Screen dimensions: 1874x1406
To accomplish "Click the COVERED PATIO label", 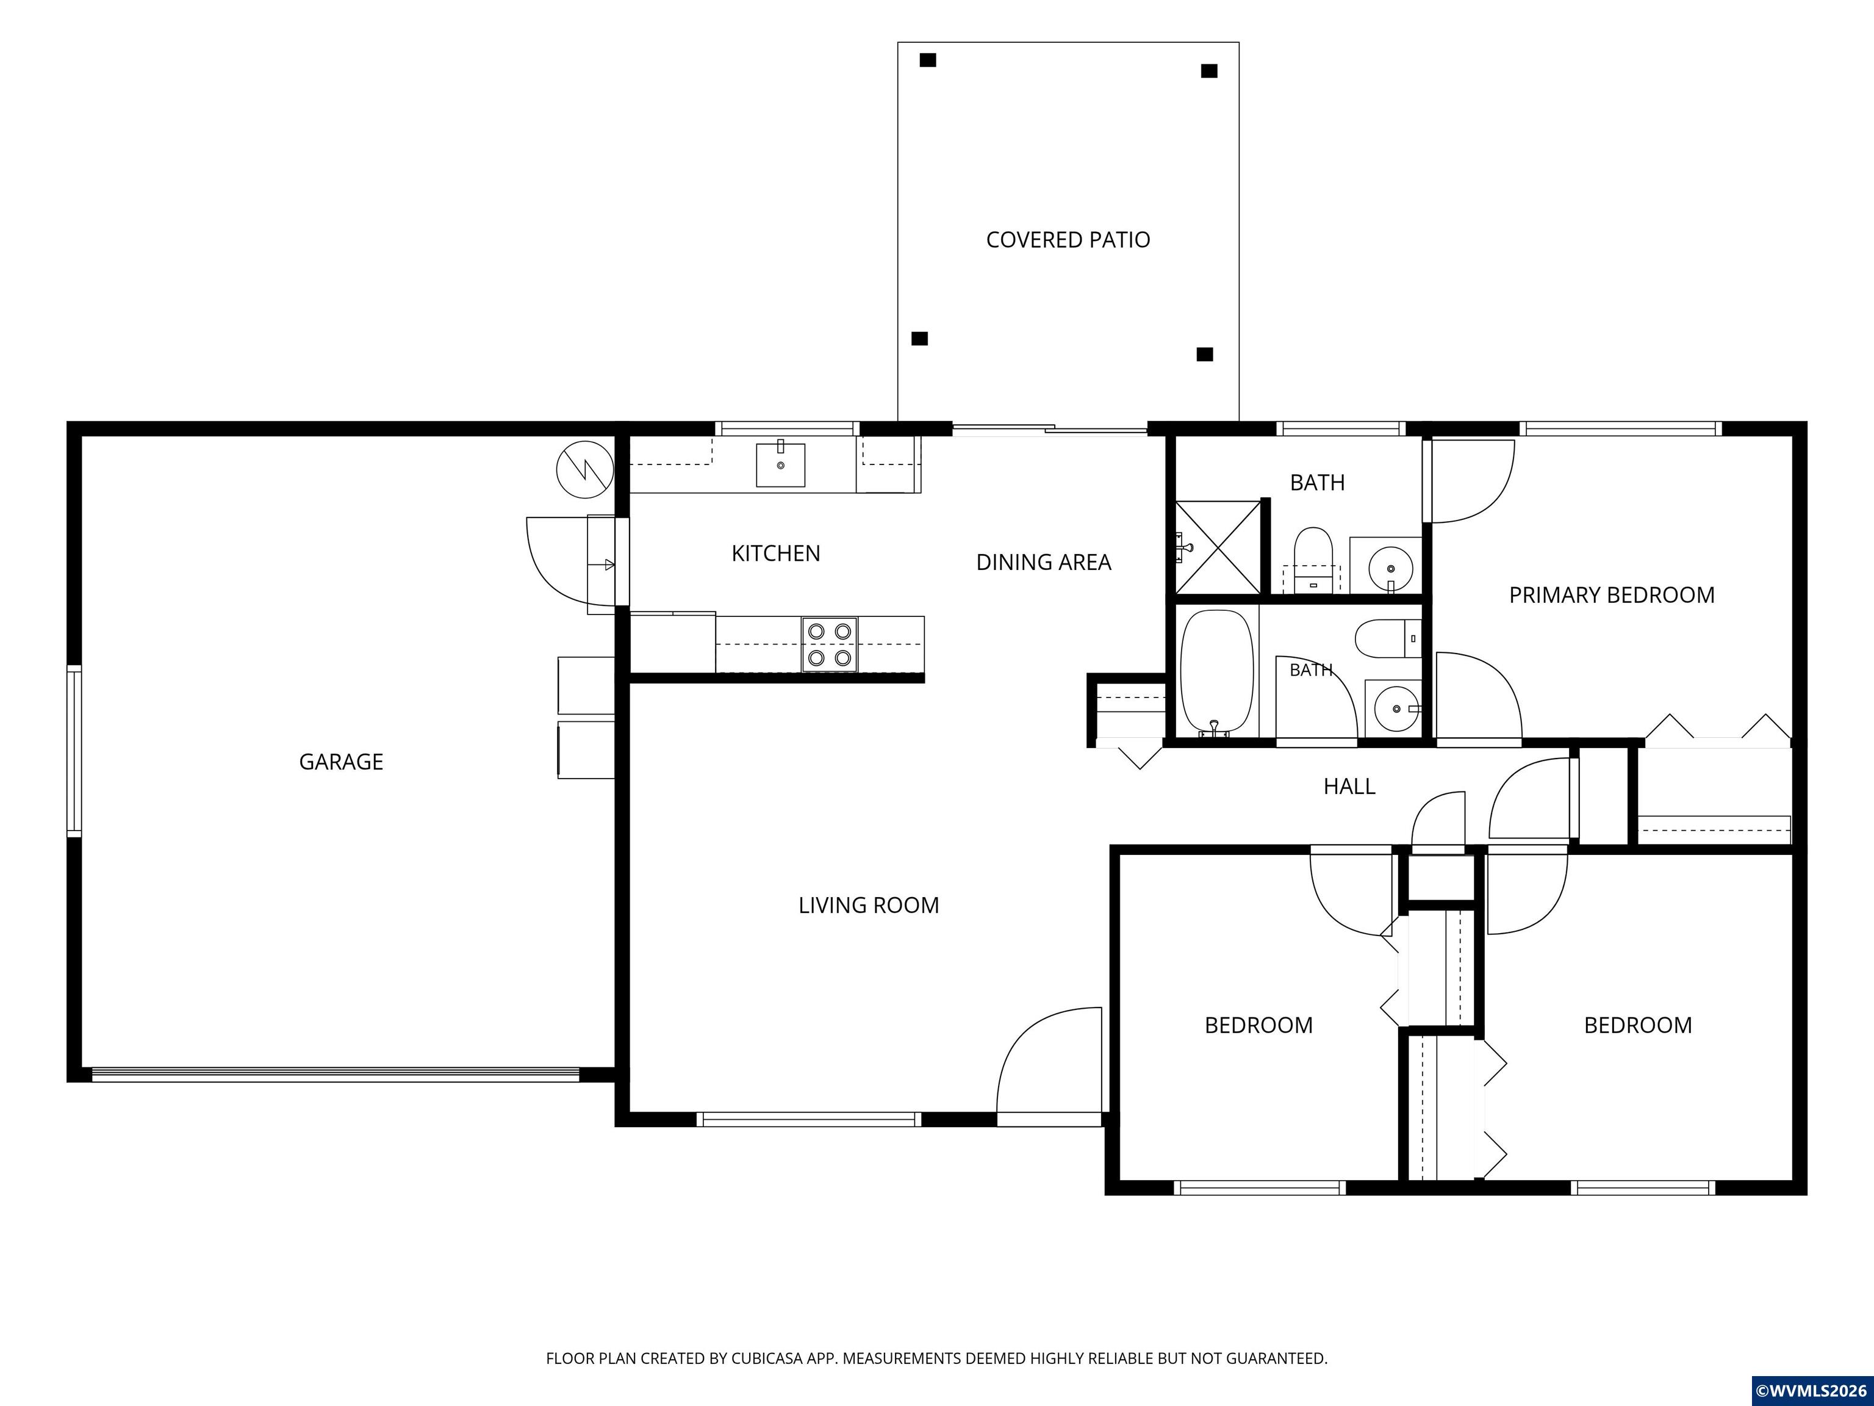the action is (x=1068, y=240).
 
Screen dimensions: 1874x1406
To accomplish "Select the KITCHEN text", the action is (x=775, y=553).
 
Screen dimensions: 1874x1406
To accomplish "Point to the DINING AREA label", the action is (x=1043, y=562).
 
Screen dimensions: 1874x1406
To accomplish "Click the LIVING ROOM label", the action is (x=869, y=905).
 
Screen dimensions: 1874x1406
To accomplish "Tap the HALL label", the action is (x=1349, y=787).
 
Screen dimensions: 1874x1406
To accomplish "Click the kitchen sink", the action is (x=780, y=464).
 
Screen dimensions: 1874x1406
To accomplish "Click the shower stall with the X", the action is (x=1218, y=547).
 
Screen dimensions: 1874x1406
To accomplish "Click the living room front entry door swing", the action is (x=1049, y=1066).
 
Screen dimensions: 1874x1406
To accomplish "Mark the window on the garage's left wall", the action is (x=74, y=751).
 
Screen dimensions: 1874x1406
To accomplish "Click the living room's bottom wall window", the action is (x=808, y=1120).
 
